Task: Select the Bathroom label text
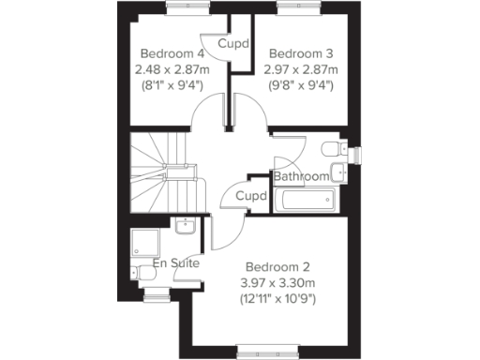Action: pos(301,176)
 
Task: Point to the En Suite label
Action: pos(175,264)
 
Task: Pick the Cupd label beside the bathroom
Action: pos(250,196)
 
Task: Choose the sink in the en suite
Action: pos(185,225)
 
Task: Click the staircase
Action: pos(164,173)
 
